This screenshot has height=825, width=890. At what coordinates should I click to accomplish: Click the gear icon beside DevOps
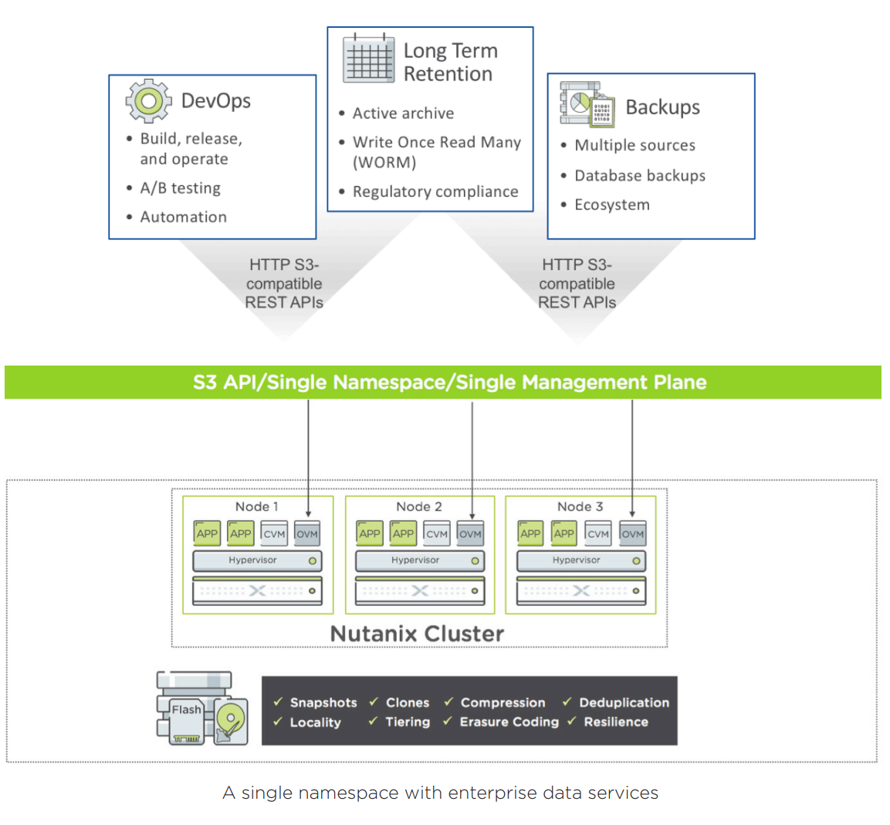coord(148,100)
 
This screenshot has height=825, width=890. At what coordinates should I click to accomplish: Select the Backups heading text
coord(662,107)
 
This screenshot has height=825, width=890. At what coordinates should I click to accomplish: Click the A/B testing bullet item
coord(180,188)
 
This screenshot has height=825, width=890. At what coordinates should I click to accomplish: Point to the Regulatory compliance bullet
coord(435,191)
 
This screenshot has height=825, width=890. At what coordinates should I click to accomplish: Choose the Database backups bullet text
coord(640,176)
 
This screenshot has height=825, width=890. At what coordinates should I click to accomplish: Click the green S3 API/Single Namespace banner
coord(443,382)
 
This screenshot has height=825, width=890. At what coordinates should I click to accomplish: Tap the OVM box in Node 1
coord(307,533)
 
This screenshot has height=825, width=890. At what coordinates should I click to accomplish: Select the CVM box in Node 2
coord(437,533)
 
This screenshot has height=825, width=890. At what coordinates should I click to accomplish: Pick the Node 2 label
coord(418,507)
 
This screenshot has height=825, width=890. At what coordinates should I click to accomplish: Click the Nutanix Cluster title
coord(417,634)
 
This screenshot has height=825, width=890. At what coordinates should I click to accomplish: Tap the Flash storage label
coord(186,709)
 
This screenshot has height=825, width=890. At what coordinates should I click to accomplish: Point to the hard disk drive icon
coord(231,722)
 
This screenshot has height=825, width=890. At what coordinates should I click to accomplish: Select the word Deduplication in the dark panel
coord(624,702)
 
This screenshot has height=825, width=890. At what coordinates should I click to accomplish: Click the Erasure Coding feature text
coord(509,722)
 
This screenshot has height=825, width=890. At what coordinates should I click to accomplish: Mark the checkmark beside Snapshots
coord(278,702)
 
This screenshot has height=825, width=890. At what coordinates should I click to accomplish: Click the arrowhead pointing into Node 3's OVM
coord(632,514)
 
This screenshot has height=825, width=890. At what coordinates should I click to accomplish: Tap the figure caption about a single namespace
coord(440,793)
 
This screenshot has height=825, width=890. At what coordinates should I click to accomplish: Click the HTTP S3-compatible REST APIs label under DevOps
coord(284,283)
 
